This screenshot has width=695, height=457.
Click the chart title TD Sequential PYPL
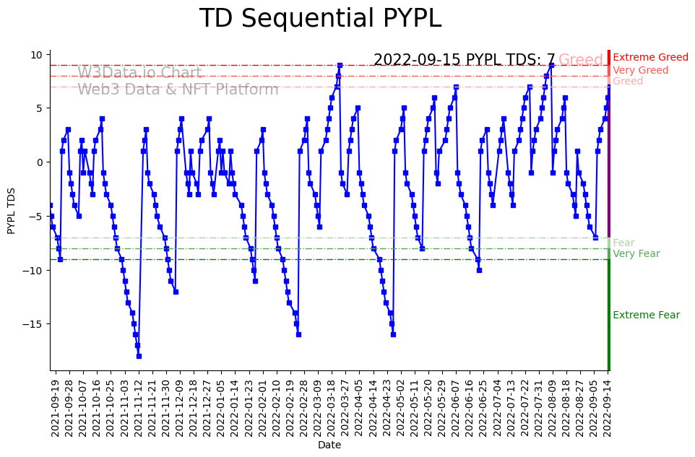(x=320, y=19)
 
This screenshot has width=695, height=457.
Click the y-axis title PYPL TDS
(x=12, y=209)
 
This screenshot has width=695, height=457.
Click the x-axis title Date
(x=329, y=445)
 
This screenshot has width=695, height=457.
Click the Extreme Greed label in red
(x=650, y=58)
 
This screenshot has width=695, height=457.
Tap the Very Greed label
(x=641, y=71)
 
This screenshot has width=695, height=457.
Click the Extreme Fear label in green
(x=646, y=315)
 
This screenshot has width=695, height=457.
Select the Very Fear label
(x=636, y=254)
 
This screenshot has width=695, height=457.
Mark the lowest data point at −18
(x=139, y=356)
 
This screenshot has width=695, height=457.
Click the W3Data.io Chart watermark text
(x=139, y=73)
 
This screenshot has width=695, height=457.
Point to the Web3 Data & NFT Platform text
(x=178, y=90)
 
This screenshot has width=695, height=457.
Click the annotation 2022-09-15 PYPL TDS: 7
(x=464, y=61)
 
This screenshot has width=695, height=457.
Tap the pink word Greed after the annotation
(x=581, y=61)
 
